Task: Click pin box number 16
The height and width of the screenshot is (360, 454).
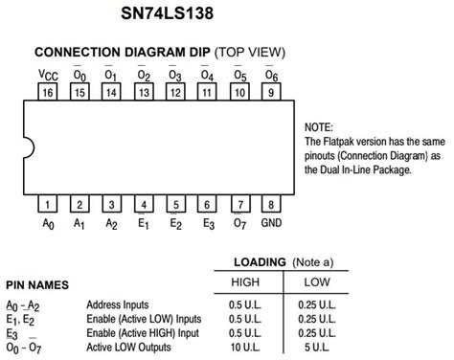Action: tap(47, 93)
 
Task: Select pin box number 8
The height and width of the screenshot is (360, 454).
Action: tap(272, 205)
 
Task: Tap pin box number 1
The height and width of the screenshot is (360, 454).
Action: tap(47, 205)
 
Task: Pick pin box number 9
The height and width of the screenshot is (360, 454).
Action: tap(272, 93)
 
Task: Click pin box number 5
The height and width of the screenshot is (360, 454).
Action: tap(175, 205)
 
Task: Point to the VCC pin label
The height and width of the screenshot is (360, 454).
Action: tap(47, 74)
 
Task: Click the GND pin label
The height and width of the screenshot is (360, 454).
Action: tap(272, 224)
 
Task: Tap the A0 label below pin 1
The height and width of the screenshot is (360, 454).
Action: tap(47, 224)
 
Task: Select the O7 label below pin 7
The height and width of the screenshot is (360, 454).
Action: tap(239, 224)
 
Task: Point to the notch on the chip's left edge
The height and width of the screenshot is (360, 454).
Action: tap(28, 148)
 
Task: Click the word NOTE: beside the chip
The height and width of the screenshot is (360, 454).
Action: tap(318, 127)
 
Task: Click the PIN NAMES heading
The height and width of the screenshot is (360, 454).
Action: tap(50, 284)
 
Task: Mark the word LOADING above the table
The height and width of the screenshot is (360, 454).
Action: tap(261, 261)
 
